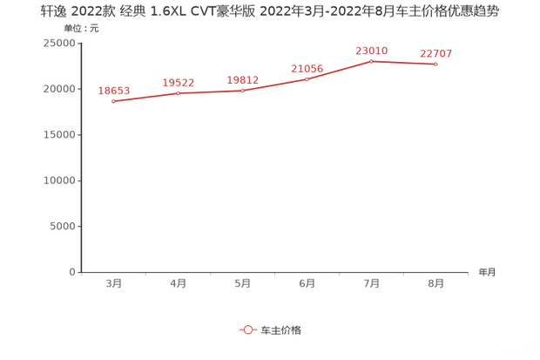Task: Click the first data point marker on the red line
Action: (x=114, y=102)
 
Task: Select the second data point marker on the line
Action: (x=179, y=92)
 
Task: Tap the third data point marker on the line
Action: (x=242, y=90)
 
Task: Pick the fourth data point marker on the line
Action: (x=307, y=78)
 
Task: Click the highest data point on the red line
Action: (x=372, y=60)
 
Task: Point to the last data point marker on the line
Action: (x=435, y=65)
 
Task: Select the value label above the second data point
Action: (x=179, y=82)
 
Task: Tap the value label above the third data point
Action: (x=243, y=79)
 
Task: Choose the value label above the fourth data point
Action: (x=307, y=67)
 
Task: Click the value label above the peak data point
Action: (x=371, y=50)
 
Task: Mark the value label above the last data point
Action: (x=435, y=53)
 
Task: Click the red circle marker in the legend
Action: (x=247, y=329)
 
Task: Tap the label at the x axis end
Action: (x=486, y=272)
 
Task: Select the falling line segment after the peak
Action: (x=404, y=63)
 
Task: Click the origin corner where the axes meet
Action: (x=80, y=272)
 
